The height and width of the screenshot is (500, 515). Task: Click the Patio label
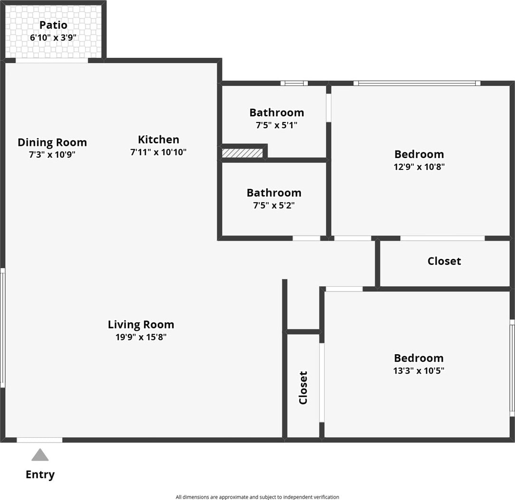pos(53,25)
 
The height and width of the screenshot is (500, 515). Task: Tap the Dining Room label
pos(52,142)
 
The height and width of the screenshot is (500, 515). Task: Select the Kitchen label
pos(159,139)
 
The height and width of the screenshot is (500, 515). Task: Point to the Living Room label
pos(141,324)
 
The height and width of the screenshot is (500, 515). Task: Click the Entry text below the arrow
pos(40,474)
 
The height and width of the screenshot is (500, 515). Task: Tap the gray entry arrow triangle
pos(40,455)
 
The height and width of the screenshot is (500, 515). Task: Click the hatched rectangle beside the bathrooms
pos(242,153)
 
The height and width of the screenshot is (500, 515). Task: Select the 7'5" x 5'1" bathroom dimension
pos(277,125)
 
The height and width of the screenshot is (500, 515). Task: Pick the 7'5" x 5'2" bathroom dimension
pos(274,206)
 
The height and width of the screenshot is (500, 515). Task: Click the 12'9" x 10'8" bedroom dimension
pos(419,167)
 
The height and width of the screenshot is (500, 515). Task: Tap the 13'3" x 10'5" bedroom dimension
pos(419,370)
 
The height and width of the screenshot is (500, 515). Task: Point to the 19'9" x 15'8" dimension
pos(141,337)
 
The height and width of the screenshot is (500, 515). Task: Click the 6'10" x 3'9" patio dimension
pos(53,37)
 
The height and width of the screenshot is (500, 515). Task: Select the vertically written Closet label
pos(303,387)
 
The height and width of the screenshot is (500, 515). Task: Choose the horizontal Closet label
pos(444,261)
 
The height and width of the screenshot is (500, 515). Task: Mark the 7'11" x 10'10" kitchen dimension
pos(159,152)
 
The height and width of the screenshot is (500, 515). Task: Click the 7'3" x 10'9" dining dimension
pos(52,154)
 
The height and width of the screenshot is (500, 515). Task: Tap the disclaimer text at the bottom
pos(257,497)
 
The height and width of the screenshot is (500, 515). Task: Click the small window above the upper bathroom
pos(294,83)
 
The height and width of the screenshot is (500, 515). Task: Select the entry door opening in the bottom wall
pos(39,440)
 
